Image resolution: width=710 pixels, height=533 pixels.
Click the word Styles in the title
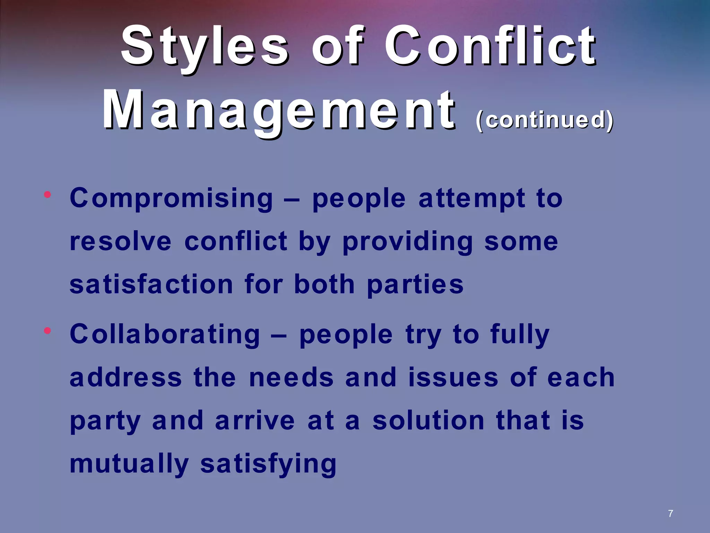point(205,47)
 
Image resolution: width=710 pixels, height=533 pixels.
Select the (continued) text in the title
point(545,120)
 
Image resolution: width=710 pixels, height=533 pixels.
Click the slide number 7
point(670,514)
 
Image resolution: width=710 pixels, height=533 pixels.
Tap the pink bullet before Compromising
point(47,195)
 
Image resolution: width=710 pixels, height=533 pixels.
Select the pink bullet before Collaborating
point(47,331)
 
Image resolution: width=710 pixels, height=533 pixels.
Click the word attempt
point(471,198)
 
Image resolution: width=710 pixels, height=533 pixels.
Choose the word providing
point(407,242)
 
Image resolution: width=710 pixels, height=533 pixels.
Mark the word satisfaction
point(151,284)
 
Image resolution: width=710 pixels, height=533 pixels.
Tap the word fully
point(520,335)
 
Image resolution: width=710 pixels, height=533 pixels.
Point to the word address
point(125,378)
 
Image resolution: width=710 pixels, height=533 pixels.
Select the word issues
point(453,378)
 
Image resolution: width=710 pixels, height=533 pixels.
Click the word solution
point(428,421)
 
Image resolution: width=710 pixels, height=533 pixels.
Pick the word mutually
point(129,464)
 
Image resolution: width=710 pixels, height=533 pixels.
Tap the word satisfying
point(268,464)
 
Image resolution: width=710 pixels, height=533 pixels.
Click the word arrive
point(255,421)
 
